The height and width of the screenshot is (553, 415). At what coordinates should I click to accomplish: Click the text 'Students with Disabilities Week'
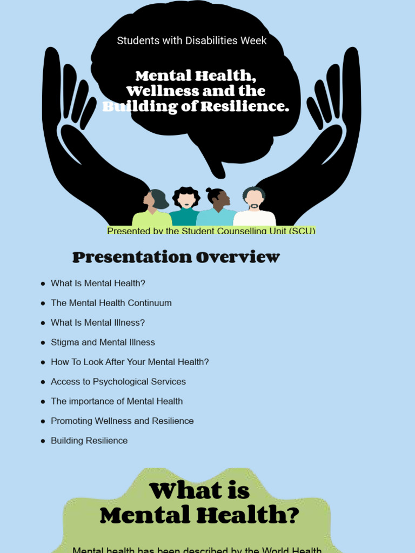coord(192,41)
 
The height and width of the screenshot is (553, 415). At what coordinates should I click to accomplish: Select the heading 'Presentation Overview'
coord(176,258)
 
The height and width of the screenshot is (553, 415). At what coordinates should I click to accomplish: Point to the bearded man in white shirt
coord(254,208)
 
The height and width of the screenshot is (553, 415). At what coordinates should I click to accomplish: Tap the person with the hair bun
coord(218,208)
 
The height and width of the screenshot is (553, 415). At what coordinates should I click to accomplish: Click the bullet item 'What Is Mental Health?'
coord(98,283)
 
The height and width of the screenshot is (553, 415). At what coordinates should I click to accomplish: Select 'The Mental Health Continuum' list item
coord(111,303)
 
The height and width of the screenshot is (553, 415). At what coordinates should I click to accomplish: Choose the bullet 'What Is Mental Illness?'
coord(98,322)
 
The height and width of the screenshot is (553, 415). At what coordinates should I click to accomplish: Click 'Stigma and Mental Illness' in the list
coord(103,342)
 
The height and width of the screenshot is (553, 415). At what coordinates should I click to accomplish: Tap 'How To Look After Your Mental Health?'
coord(130,362)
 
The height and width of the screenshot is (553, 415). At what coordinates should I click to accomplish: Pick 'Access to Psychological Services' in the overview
coord(118,382)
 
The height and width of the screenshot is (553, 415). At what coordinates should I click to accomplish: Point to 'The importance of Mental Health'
coord(117,401)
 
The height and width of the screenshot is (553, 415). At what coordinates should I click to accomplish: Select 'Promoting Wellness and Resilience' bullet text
coord(122,421)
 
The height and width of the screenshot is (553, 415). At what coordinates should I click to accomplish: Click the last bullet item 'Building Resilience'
coord(89,441)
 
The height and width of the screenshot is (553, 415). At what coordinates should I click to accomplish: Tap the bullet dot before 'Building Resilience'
coord(43,441)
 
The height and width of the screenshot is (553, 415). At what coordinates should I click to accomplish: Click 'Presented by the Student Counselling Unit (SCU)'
coord(211,231)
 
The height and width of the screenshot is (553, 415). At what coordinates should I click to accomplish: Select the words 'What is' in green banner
coord(199,491)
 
